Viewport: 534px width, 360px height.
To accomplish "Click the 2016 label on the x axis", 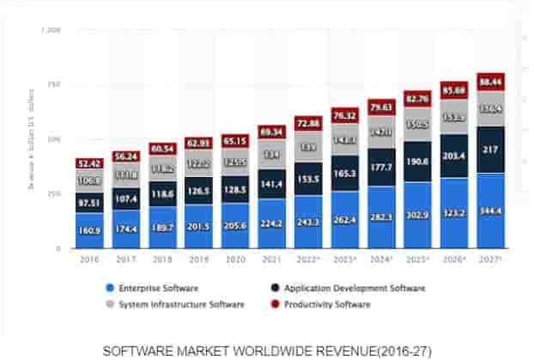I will [x=89, y=258].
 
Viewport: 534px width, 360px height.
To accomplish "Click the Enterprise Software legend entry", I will [x=150, y=288].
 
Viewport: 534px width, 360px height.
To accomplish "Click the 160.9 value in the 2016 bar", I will [x=89, y=231].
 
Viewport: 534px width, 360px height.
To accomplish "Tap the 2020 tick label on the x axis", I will [x=235, y=258].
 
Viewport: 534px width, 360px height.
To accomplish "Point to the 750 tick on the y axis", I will [x=54, y=84].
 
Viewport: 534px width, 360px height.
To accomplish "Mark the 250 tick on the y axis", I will [x=54, y=194].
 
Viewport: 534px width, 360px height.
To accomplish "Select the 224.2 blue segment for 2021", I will [x=272, y=223].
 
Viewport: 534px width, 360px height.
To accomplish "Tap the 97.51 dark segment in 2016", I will [x=89, y=202].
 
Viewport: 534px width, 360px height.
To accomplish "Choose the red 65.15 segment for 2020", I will [x=235, y=140].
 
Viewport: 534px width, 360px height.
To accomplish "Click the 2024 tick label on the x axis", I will [x=381, y=258].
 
